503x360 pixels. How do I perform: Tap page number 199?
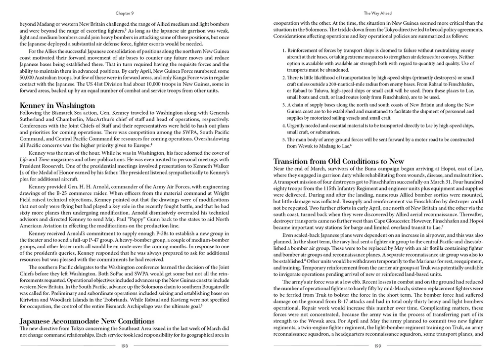tap(377, 346)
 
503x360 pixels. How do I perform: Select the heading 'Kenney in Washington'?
tap(57, 105)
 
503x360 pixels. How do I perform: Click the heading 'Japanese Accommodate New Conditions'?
tap(87, 321)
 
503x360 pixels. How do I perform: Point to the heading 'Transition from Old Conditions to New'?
tap(339, 161)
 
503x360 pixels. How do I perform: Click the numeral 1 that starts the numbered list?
tap(283, 51)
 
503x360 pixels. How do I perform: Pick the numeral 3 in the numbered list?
tap(283, 105)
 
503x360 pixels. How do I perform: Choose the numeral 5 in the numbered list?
tap(283, 139)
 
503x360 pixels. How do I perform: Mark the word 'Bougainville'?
tap(214, 286)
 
